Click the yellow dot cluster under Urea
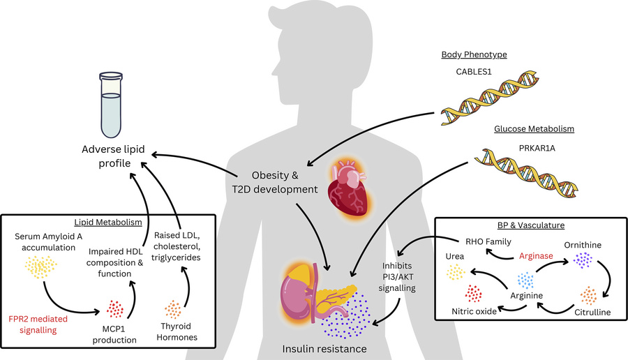[x=456, y=272]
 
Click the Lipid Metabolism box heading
[x=107, y=222]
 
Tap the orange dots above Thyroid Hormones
[x=175, y=308]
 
